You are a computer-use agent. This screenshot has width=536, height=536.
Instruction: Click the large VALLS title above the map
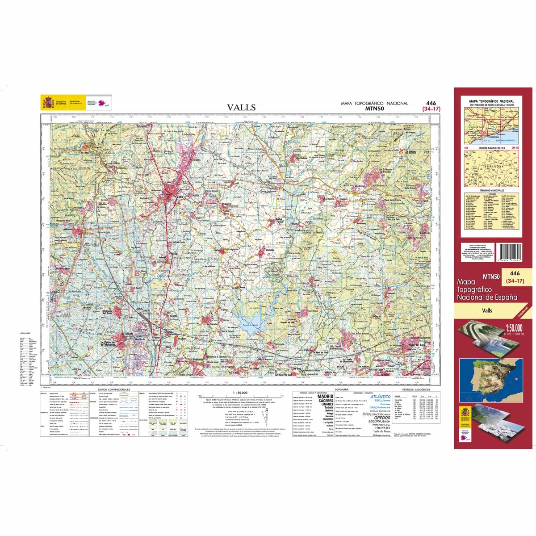coord(241,107)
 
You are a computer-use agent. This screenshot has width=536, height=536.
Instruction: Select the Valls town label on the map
coord(180,197)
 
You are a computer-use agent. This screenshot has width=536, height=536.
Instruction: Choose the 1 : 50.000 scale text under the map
coord(240,393)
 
